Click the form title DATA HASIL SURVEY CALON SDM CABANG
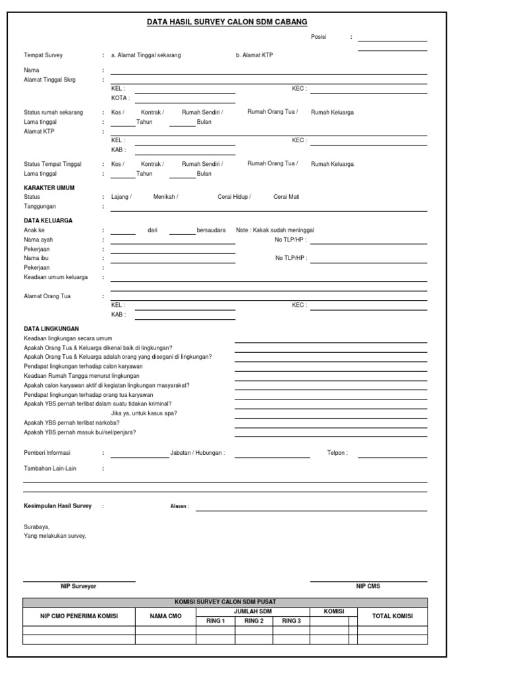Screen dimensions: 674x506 tap(227, 22)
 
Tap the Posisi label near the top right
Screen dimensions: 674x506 tap(319, 38)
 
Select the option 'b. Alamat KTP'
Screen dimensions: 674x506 tap(254, 55)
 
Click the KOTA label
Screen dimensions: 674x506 tap(120, 97)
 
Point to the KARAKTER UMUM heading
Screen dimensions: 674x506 tap(49, 188)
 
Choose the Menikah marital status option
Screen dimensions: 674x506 tap(165, 197)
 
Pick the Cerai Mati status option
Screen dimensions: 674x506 tap(287, 197)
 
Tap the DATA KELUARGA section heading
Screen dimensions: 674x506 tap(48, 220)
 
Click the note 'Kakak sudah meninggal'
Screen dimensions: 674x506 tap(275, 230)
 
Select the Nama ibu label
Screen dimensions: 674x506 tap(37, 259)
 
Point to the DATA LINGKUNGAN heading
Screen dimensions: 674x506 tap(51, 328)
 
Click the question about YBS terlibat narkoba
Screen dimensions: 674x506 tap(72, 423)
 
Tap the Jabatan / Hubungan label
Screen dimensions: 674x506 tap(198, 453)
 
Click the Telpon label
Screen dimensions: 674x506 tap(337, 453)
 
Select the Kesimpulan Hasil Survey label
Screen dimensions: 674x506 tap(58, 506)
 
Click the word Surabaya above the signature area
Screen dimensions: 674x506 tap(36, 527)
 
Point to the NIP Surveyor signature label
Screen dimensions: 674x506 tap(78, 586)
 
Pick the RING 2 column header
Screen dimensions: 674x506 tap(254, 621)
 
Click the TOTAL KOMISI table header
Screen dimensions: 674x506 tap(393, 616)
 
